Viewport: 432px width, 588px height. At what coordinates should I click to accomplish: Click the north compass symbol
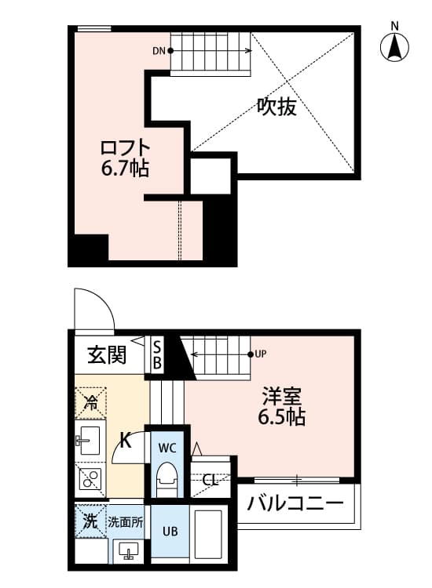[396, 48]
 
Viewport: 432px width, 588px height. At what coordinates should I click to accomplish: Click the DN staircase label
[159, 52]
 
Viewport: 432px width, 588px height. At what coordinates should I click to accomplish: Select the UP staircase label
[261, 354]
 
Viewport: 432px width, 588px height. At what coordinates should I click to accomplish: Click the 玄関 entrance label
[106, 356]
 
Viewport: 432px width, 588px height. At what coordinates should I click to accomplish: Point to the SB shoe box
[157, 355]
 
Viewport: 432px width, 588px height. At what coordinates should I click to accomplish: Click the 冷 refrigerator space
[91, 405]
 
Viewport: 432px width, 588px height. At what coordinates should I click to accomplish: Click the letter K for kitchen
[124, 441]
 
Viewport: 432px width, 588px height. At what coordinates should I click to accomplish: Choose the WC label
[169, 448]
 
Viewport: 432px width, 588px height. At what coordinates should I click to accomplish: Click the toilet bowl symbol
[167, 477]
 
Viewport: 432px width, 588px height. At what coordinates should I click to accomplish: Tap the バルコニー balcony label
[295, 504]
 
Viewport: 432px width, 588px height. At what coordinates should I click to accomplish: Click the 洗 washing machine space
[91, 521]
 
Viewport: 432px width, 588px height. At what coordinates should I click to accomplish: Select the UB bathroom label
[170, 531]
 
